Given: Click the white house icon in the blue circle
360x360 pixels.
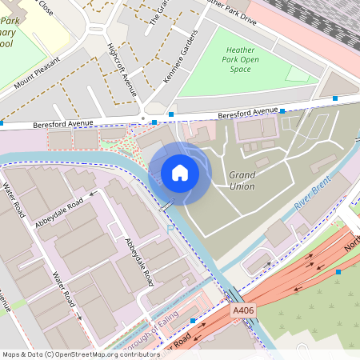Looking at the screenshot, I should [x=179, y=173].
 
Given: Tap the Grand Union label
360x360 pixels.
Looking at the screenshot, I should [x=242, y=181].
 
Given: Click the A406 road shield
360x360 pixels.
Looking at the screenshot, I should [x=242, y=310].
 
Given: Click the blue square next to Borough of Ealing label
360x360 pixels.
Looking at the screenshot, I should [x=193, y=320].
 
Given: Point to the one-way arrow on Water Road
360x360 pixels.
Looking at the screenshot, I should [x=78, y=315].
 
